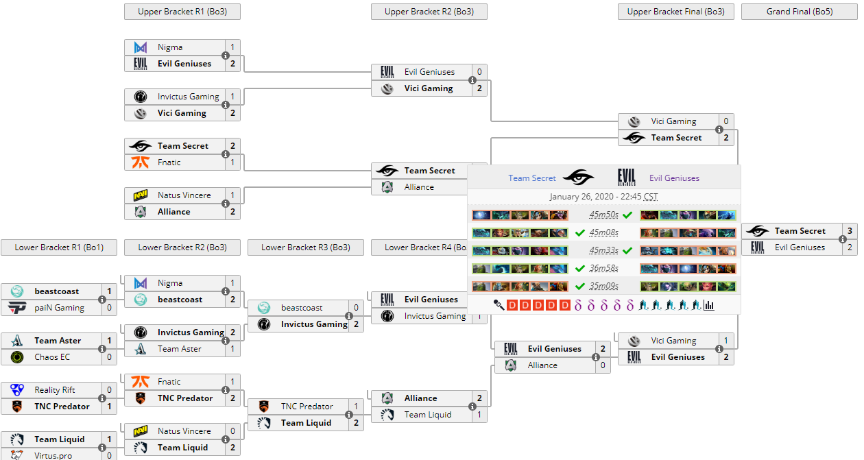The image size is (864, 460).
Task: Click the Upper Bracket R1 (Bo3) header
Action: [182, 12]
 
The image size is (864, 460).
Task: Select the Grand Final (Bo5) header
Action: [799, 12]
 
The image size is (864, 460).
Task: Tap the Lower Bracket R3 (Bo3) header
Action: [305, 247]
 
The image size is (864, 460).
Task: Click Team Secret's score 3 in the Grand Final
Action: [850, 231]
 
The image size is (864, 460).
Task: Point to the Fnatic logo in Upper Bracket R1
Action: [141, 162]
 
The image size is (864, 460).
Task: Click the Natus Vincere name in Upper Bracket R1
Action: [184, 195]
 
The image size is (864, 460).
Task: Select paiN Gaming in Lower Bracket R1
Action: [60, 308]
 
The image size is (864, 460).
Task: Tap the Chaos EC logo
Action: [18, 357]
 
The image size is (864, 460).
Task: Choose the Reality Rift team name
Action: [55, 390]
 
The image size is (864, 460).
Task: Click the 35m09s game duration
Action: [603, 287]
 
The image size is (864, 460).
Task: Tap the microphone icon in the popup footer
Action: [499, 305]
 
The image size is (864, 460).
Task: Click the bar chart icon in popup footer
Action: [708, 305]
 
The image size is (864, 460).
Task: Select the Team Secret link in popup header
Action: [531, 178]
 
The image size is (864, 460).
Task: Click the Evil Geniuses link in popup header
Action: [674, 178]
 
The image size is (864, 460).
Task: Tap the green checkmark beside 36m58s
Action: [580, 269]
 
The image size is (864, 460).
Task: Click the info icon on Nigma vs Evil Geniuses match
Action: [226, 56]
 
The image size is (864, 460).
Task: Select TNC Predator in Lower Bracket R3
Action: [307, 407]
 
